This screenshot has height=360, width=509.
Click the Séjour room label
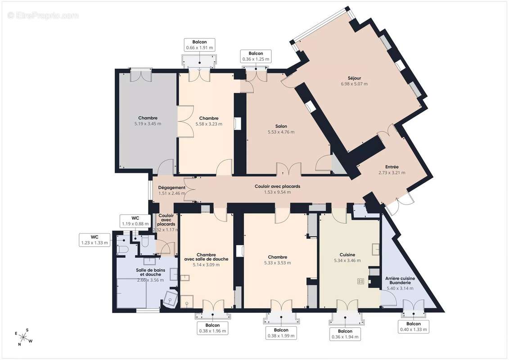pyautogui.click(x=354, y=78)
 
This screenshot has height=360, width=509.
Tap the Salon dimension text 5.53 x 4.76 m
pyautogui.click(x=281, y=132)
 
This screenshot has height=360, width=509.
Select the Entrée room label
pyautogui.click(x=392, y=167)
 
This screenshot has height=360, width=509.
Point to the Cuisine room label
pyautogui.click(x=347, y=255)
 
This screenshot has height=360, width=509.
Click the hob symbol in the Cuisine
pyautogui.click(x=360, y=281)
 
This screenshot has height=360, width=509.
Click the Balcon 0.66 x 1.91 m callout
pyautogui.click(x=200, y=45)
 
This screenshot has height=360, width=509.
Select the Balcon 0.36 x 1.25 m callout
pyautogui.click(x=256, y=56)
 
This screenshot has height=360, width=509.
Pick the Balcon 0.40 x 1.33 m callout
pyautogui.click(x=414, y=327)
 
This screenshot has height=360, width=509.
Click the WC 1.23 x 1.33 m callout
pyautogui.click(x=95, y=240)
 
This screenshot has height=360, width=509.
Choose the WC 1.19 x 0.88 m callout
pyautogui.click(x=135, y=221)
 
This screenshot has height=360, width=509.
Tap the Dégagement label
pyautogui.click(x=172, y=188)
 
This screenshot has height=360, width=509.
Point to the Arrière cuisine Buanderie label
pyautogui.click(x=400, y=280)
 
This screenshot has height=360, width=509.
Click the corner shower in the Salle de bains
pyautogui.click(x=171, y=299)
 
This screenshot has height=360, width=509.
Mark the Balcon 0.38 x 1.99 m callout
pyautogui.click(x=281, y=333)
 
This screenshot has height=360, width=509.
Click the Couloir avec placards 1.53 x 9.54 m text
pyautogui.click(x=277, y=189)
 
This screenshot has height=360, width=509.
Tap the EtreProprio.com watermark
pyautogui.click(x=43, y=15)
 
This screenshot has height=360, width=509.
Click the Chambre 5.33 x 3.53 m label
pyautogui.click(x=278, y=260)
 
